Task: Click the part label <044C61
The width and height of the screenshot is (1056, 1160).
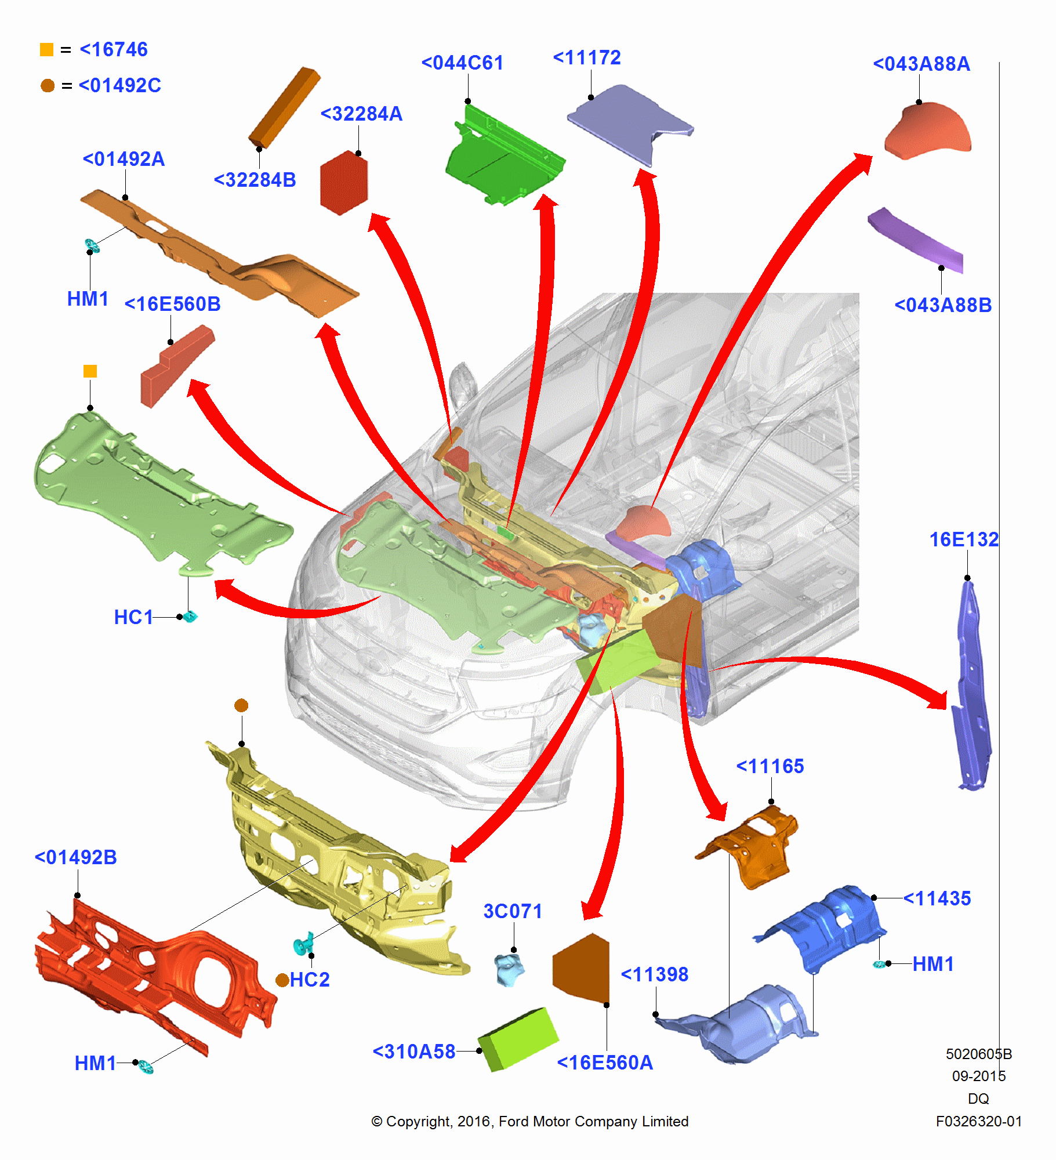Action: click(462, 63)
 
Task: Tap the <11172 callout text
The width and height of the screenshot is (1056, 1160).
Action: click(587, 57)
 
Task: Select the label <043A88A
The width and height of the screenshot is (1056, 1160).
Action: click(921, 64)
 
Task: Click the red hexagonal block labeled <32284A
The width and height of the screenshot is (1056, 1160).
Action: click(344, 183)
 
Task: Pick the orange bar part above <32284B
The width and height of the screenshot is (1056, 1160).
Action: click(285, 107)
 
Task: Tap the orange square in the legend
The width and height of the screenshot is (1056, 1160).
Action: click(46, 50)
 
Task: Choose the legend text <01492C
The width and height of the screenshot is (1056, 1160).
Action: click(119, 86)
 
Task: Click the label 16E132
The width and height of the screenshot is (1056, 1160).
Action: click(964, 539)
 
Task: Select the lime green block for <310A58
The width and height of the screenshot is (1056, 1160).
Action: click(518, 1039)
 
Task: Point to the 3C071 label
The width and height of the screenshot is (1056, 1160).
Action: click(513, 911)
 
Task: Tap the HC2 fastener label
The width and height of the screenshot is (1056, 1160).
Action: click(309, 980)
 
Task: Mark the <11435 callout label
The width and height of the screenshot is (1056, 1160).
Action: click(937, 898)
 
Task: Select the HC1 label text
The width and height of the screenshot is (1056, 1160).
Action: click(133, 617)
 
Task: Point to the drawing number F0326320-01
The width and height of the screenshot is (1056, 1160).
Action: click(979, 1121)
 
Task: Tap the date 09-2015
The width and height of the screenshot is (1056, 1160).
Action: click(979, 1076)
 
